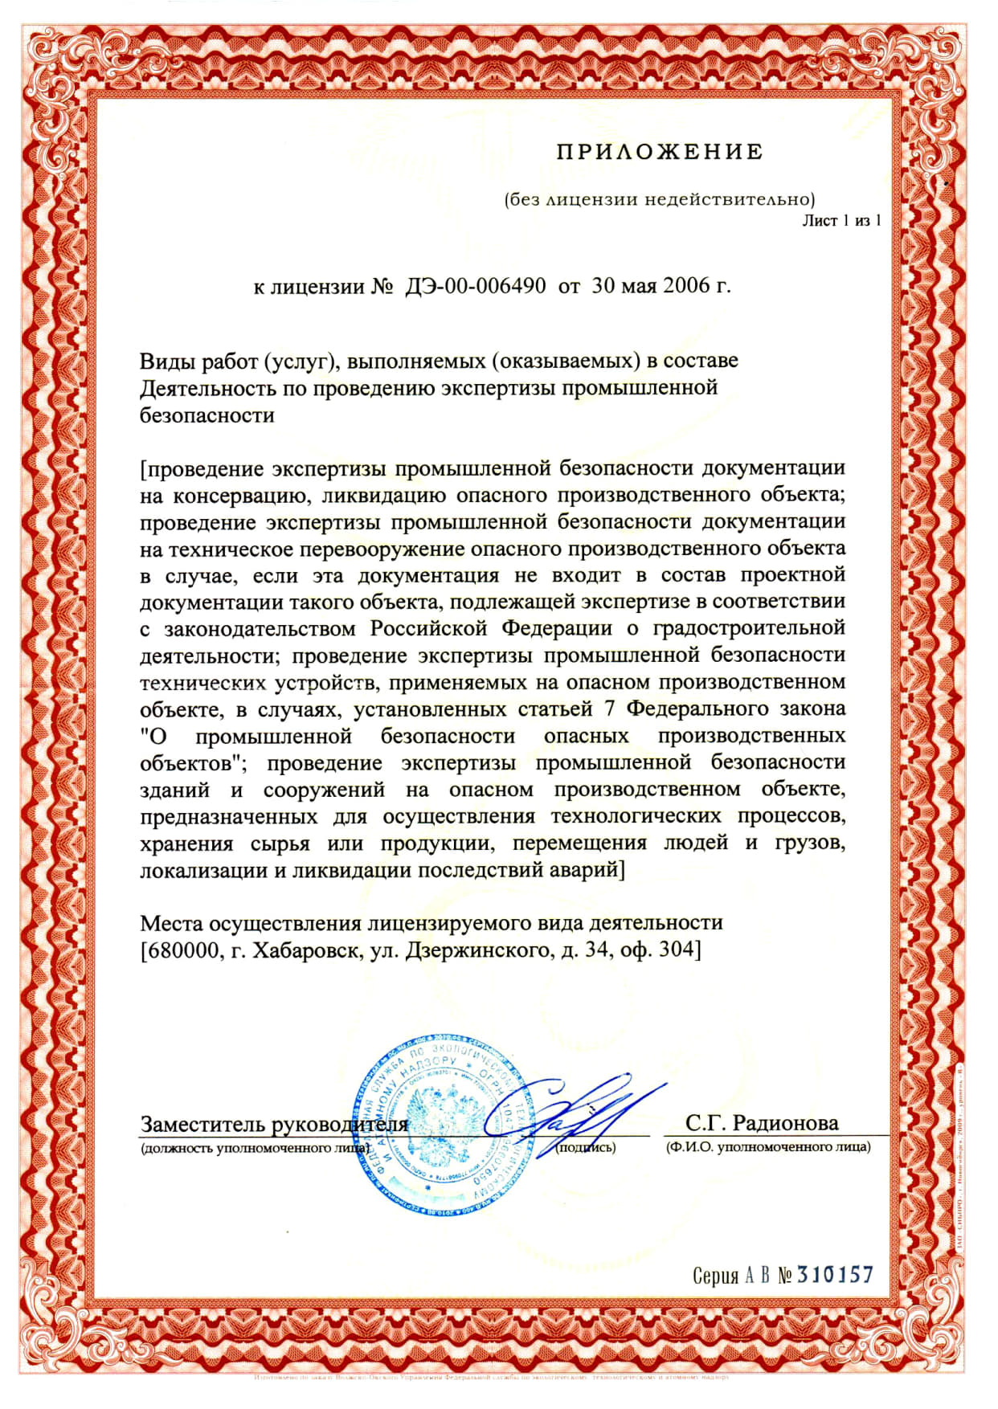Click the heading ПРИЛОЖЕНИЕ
tap(659, 152)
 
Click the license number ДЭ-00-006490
tap(475, 286)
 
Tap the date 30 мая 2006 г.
tap(661, 286)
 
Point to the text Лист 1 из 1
tap(841, 220)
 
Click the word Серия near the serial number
tap(715, 1276)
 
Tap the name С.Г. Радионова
tap(762, 1123)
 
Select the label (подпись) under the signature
tap(586, 1147)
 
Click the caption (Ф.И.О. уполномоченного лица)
tap(767, 1147)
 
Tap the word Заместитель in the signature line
tap(203, 1125)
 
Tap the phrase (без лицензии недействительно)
tap(659, 199)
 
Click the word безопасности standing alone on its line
tap(207, 415)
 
